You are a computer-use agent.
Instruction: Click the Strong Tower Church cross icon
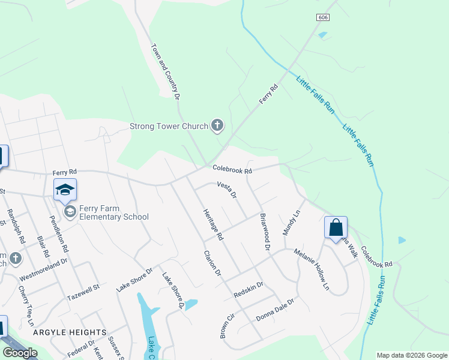click(217, 126)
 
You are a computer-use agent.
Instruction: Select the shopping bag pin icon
click(336, 227)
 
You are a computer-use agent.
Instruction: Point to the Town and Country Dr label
click(165, 71)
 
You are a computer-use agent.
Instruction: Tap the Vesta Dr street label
click(227, 190)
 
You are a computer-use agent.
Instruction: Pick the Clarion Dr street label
click(212, 264)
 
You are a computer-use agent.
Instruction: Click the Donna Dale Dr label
click(276, 310)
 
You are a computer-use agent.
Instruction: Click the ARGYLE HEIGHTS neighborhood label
click(78, 332)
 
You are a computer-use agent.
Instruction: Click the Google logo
click(20, 352)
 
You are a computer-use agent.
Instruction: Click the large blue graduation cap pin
click(65, 191)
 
